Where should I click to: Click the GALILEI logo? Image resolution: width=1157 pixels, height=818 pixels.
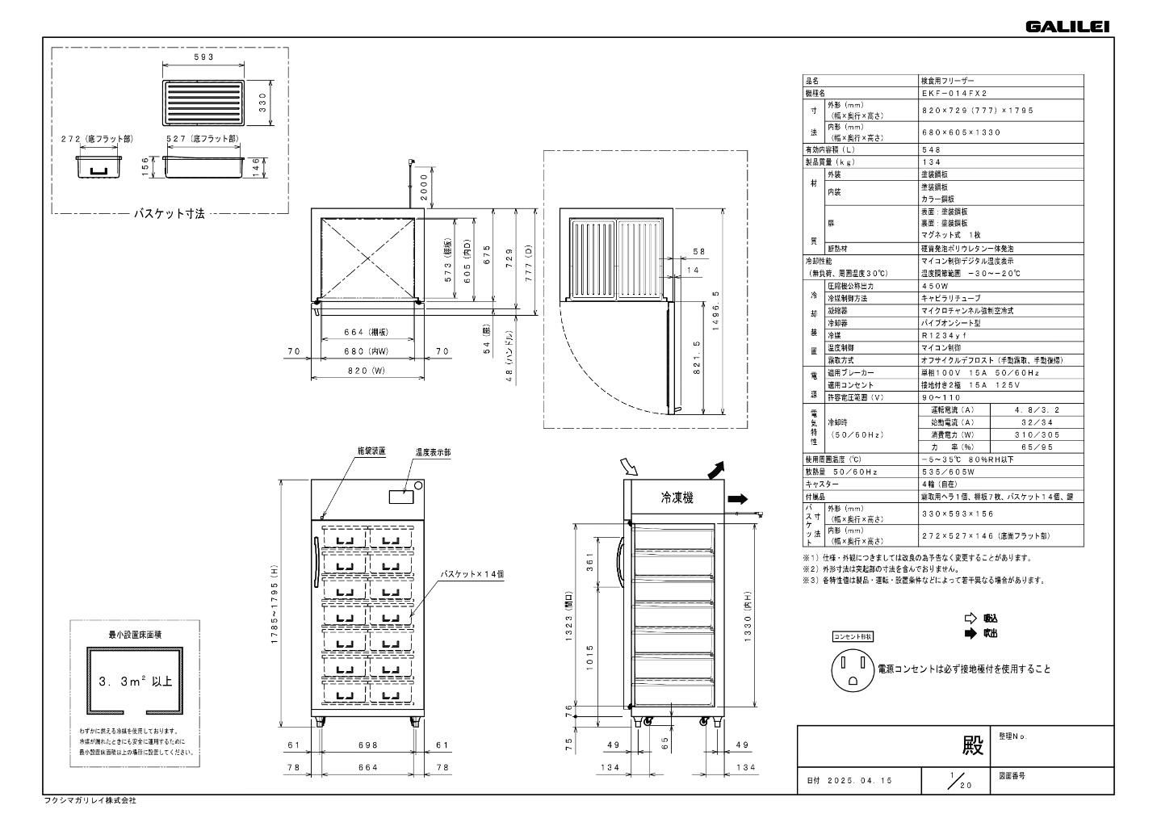(x=1067, y=27)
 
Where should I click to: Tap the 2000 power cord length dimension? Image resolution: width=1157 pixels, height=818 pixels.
(x=425, y=188)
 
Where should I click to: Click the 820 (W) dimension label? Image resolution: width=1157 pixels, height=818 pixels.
(x=368, y=371)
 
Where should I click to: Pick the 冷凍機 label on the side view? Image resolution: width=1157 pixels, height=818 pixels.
(x=677, y=498)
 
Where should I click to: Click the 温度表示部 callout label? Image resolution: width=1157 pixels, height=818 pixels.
(x=433, y=453)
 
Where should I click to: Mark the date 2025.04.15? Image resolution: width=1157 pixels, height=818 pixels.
(x=861, y=781)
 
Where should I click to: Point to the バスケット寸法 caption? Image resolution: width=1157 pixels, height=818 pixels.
(x=169, y=214)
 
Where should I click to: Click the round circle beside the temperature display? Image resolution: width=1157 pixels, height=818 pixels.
(x=418, y=486)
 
